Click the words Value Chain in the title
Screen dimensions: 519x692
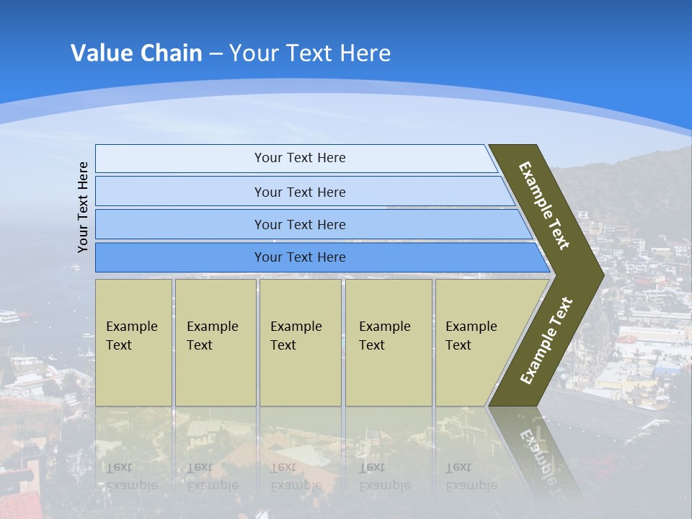click(x=136, y=53)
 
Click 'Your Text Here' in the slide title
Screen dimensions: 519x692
click(x=310, y=53)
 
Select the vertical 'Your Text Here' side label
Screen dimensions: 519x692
click(x=83, y=207)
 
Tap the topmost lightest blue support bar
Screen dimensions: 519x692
click(x=299, y=158)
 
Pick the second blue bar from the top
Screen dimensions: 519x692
click(x=299, y=192)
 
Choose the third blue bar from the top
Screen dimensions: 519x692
click(x=299, y=224)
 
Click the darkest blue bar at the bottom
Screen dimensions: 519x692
click(x=299, y=257)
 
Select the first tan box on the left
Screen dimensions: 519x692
click(x=133, y=342)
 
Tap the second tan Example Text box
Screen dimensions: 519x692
click(x=215, y=342)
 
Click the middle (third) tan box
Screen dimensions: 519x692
click(x=300, y=342)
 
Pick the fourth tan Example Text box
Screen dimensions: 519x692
click(x=389, y=342)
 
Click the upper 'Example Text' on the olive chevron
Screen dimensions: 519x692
click(x=544, y=205)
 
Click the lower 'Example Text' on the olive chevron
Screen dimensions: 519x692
click(x=546, y=340)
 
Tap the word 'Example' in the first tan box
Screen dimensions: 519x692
click(x=131, y=327)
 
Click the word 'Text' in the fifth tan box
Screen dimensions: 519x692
click(x=458, y=345)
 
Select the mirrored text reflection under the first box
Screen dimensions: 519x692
click(x=131, y=476)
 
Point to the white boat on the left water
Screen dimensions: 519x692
click(x=9, y=316)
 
